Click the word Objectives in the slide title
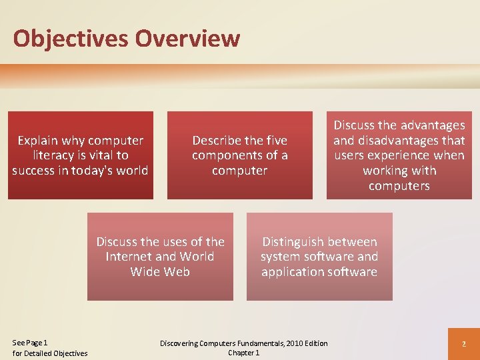71,39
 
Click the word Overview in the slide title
187,39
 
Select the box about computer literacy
80,155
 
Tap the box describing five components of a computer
239,155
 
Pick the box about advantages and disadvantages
399,155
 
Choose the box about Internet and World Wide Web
160,257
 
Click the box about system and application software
319,257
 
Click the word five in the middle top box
275,141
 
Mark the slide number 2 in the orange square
463,343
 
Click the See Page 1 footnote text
30,343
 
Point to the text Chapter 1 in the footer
243,353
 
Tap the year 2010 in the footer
293,343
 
